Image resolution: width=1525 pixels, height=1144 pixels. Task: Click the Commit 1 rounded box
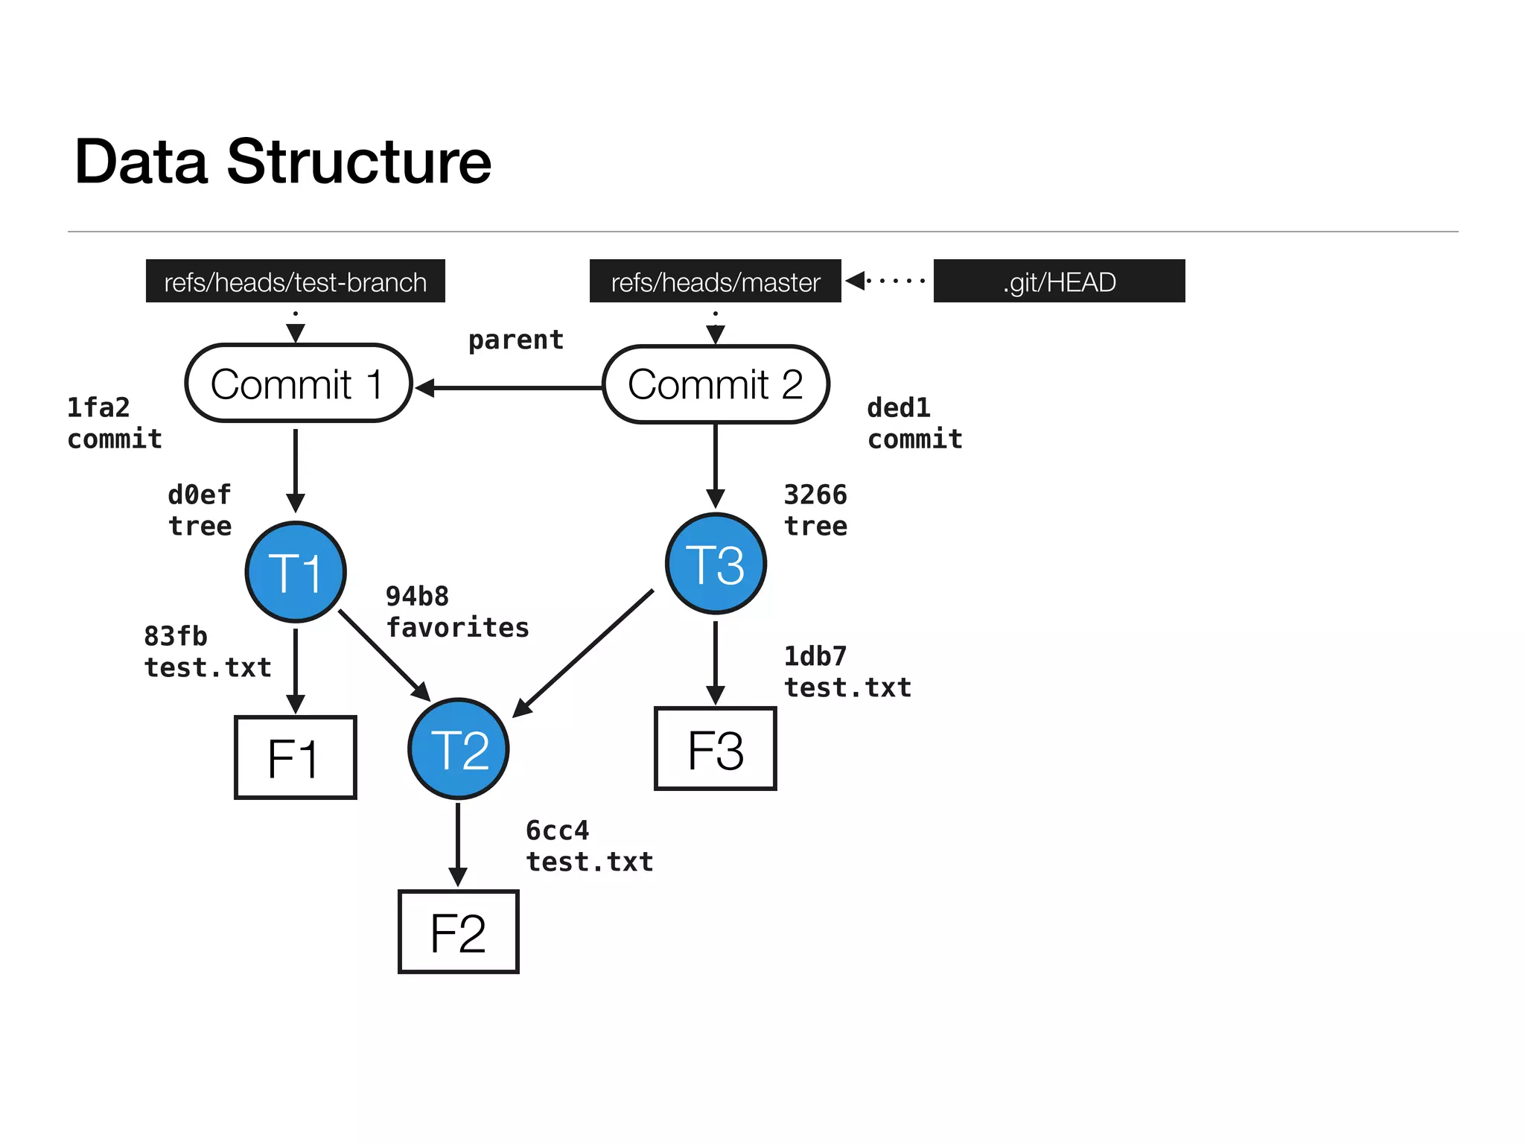click(x=298, y=384)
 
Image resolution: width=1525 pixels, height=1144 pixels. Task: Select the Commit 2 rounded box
click(x=715, y=384)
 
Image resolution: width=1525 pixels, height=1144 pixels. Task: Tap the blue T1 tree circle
click(x=296, y=572)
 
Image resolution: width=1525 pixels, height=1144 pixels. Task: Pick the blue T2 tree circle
click(x=459, y=749)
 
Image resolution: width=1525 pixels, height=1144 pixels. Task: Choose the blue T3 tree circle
click(x=716, y=564)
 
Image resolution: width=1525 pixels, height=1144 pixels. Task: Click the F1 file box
click(x=296, y=757)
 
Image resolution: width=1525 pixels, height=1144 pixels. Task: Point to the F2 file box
click(x=459, y=932)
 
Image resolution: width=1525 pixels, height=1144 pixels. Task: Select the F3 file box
click(x=716, y=749)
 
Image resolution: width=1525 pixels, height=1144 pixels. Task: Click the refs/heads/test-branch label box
click(x=296, y=282)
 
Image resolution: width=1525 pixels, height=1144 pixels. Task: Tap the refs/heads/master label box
click(x=715, y=282)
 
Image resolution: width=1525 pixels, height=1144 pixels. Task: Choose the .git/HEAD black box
click(x=1059, y=282)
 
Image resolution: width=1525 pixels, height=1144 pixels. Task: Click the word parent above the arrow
click(x=516, y=340)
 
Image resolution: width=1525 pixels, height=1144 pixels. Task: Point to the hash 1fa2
click(x=98, y=408)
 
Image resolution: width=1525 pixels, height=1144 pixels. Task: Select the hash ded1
click(x=899, y=408)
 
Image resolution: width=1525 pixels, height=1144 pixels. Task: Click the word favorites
click(x=457, y=628)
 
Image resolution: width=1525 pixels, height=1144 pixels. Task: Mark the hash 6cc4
click(x=557, y=830)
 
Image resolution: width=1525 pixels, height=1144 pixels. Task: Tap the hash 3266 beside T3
click(x=815, y=495)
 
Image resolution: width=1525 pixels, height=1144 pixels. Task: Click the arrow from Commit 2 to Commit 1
click(x=514, y=388)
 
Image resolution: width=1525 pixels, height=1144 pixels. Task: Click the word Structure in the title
click(x=358, y=162)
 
